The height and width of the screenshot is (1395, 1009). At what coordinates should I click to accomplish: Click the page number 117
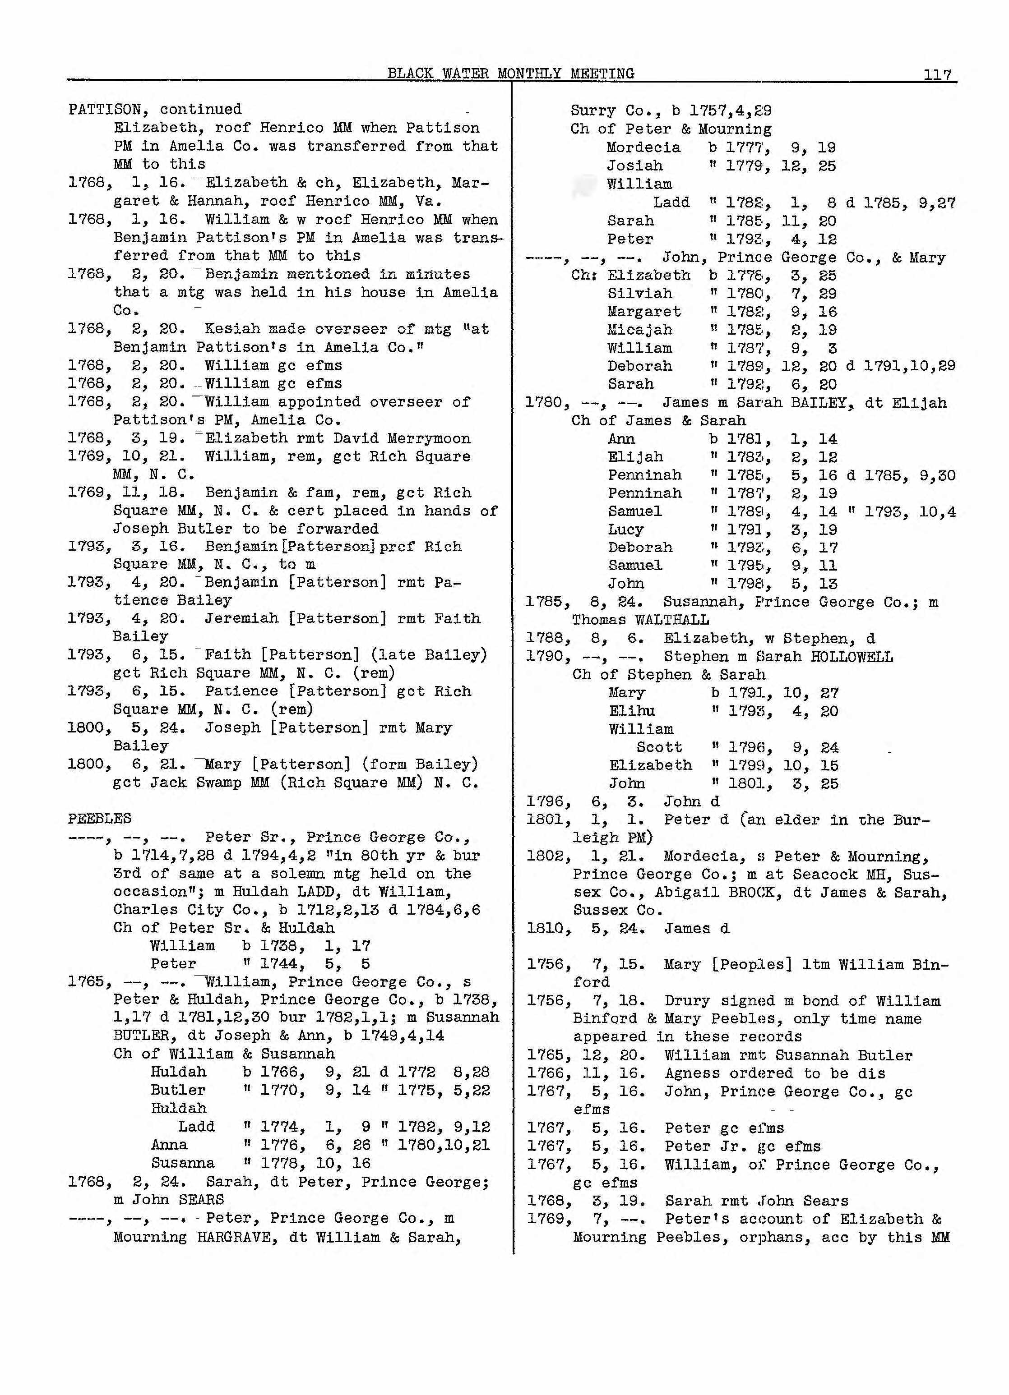(937, 75)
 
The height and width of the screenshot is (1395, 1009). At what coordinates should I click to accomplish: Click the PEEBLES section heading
(100, 819)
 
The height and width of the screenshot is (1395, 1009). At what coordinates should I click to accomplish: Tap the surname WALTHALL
(672, 620)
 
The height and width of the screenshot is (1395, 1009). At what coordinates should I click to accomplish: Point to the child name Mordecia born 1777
(643, 147)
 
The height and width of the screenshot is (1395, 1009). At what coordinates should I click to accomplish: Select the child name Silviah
(640, 294)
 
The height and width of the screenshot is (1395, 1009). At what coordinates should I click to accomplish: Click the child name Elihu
(632, 711)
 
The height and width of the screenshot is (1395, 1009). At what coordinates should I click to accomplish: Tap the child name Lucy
(626, 529)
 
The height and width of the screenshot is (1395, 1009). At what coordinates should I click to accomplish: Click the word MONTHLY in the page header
(529, 74)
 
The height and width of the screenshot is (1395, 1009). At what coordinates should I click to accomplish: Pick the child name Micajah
(640, 330)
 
